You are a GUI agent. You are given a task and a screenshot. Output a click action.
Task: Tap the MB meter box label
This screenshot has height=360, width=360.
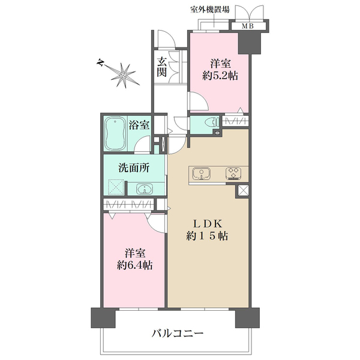[x=247, y=26]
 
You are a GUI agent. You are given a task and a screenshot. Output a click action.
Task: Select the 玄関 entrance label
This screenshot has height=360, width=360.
[x=162, y=67]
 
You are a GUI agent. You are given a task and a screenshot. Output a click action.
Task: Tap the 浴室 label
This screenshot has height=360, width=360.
[x=140, y=125]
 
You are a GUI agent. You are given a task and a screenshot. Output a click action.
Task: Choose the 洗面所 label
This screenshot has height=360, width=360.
[x=133, y=169]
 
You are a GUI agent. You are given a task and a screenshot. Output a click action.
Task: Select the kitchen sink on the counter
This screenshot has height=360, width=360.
[x=202, y=174]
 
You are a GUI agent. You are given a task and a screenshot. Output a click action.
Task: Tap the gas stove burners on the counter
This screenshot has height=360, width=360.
[x=232, y=174]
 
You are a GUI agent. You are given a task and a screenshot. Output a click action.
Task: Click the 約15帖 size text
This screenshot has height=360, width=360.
[x=207, y=236]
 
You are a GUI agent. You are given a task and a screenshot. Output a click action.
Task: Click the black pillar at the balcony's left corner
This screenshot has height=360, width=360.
[x=98, y=317]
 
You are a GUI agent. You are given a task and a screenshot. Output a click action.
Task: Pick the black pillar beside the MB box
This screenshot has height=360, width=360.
[x=247, y=42]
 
